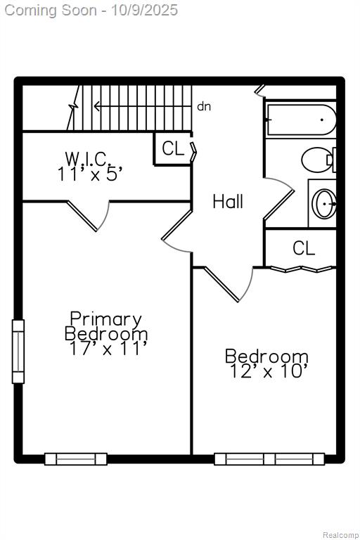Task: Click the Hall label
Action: (228, 202)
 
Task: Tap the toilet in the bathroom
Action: (319, 160)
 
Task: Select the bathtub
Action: (302, 120)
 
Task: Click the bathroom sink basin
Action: (324, 203)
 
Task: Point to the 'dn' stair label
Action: (204, 106)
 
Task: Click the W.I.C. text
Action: (88, 159)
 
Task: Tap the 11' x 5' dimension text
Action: (89, 174)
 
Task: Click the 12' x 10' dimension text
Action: (268, 371)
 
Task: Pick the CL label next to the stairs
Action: (173, 148)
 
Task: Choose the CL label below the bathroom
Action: (304, 248)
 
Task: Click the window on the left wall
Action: (18, 352)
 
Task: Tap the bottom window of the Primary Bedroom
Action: (75, 459)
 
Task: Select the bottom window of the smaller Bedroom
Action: (269, 459)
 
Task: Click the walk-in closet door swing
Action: (89, 216)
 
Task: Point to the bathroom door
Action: (279, 198)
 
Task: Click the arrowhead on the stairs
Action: (97, 106)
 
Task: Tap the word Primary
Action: (105, 319)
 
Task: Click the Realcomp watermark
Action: (340, 535)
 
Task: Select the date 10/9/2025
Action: (144, 10)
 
